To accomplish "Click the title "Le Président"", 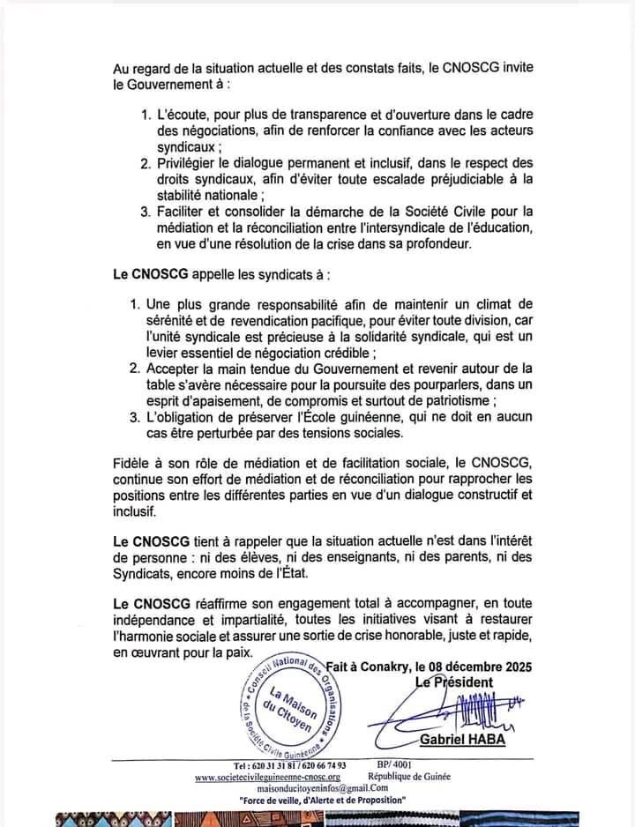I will tap(453, 682).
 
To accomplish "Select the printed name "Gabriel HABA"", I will tap(461, 739).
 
